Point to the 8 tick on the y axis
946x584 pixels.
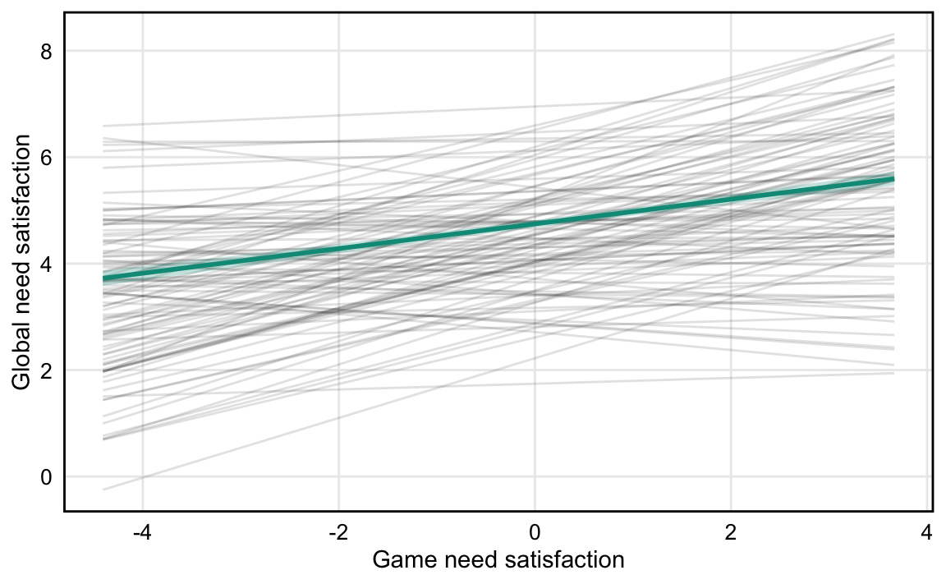(46, 51)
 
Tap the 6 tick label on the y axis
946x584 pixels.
(46, 157)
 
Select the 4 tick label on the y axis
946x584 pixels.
(46, 264)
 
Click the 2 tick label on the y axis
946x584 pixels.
(46, 370)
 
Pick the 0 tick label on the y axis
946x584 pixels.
(46, 476)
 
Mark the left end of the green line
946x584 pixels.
(104, 278)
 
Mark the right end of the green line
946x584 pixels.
(893, 178)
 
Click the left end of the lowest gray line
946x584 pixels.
(104, 490)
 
